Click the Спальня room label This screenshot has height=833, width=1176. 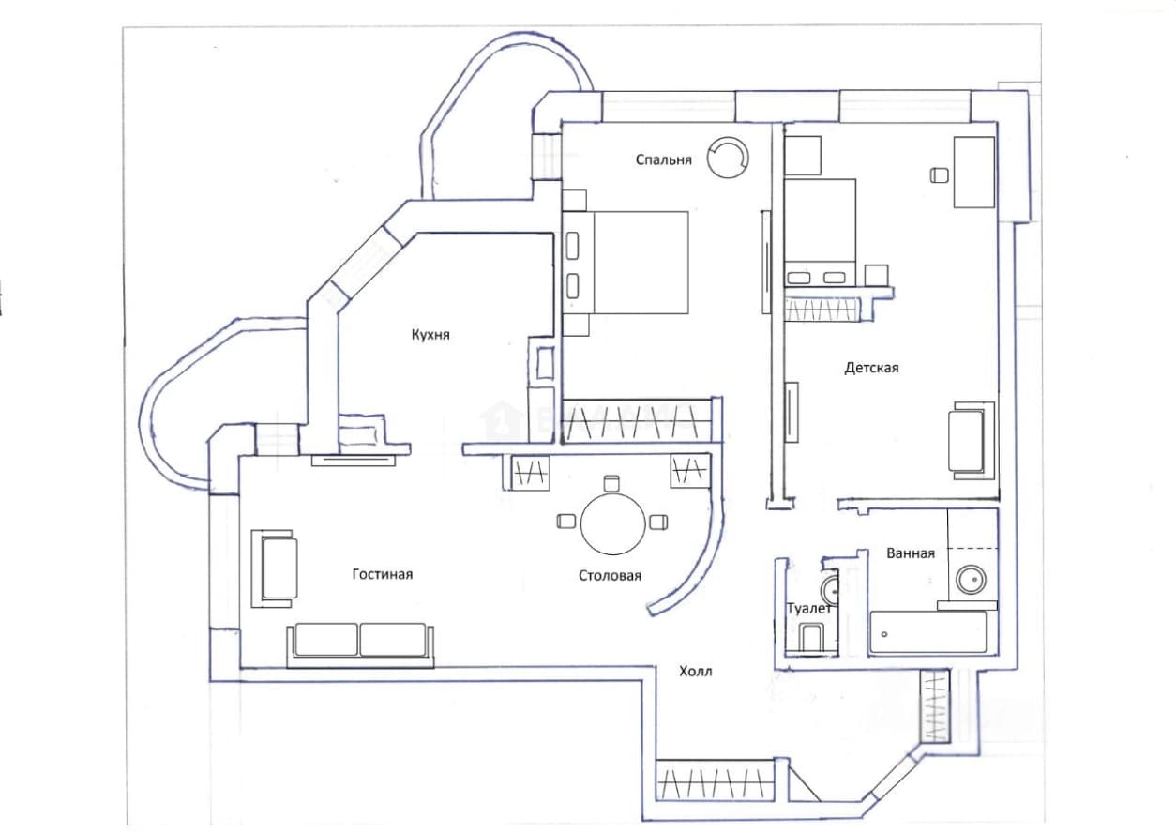click(664, 159)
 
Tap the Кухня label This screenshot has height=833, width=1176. click(430, 335)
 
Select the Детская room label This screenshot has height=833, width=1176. click(871, 368)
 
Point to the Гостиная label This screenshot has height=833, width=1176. click(383, 574)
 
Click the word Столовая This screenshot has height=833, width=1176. click(611, 576)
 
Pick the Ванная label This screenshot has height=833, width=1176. click(911, 553)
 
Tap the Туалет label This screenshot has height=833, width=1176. click(809, 609)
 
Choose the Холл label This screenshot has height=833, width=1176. click(696, 672)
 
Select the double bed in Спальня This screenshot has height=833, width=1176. click(626, 263)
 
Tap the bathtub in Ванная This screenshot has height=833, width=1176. click(928, 633)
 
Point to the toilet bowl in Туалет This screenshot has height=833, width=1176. click(810, 637)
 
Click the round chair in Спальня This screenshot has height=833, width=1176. click(728, 158)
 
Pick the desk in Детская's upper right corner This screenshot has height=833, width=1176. click(973, 173)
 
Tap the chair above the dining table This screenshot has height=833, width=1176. click(611, 483)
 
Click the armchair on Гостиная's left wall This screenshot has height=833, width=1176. click(274, 568)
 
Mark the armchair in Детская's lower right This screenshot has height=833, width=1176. click(971, 441)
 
